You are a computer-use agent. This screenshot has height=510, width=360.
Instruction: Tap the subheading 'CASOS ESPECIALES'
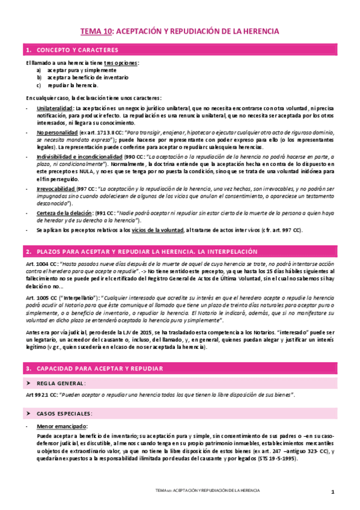pos(64,414)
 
